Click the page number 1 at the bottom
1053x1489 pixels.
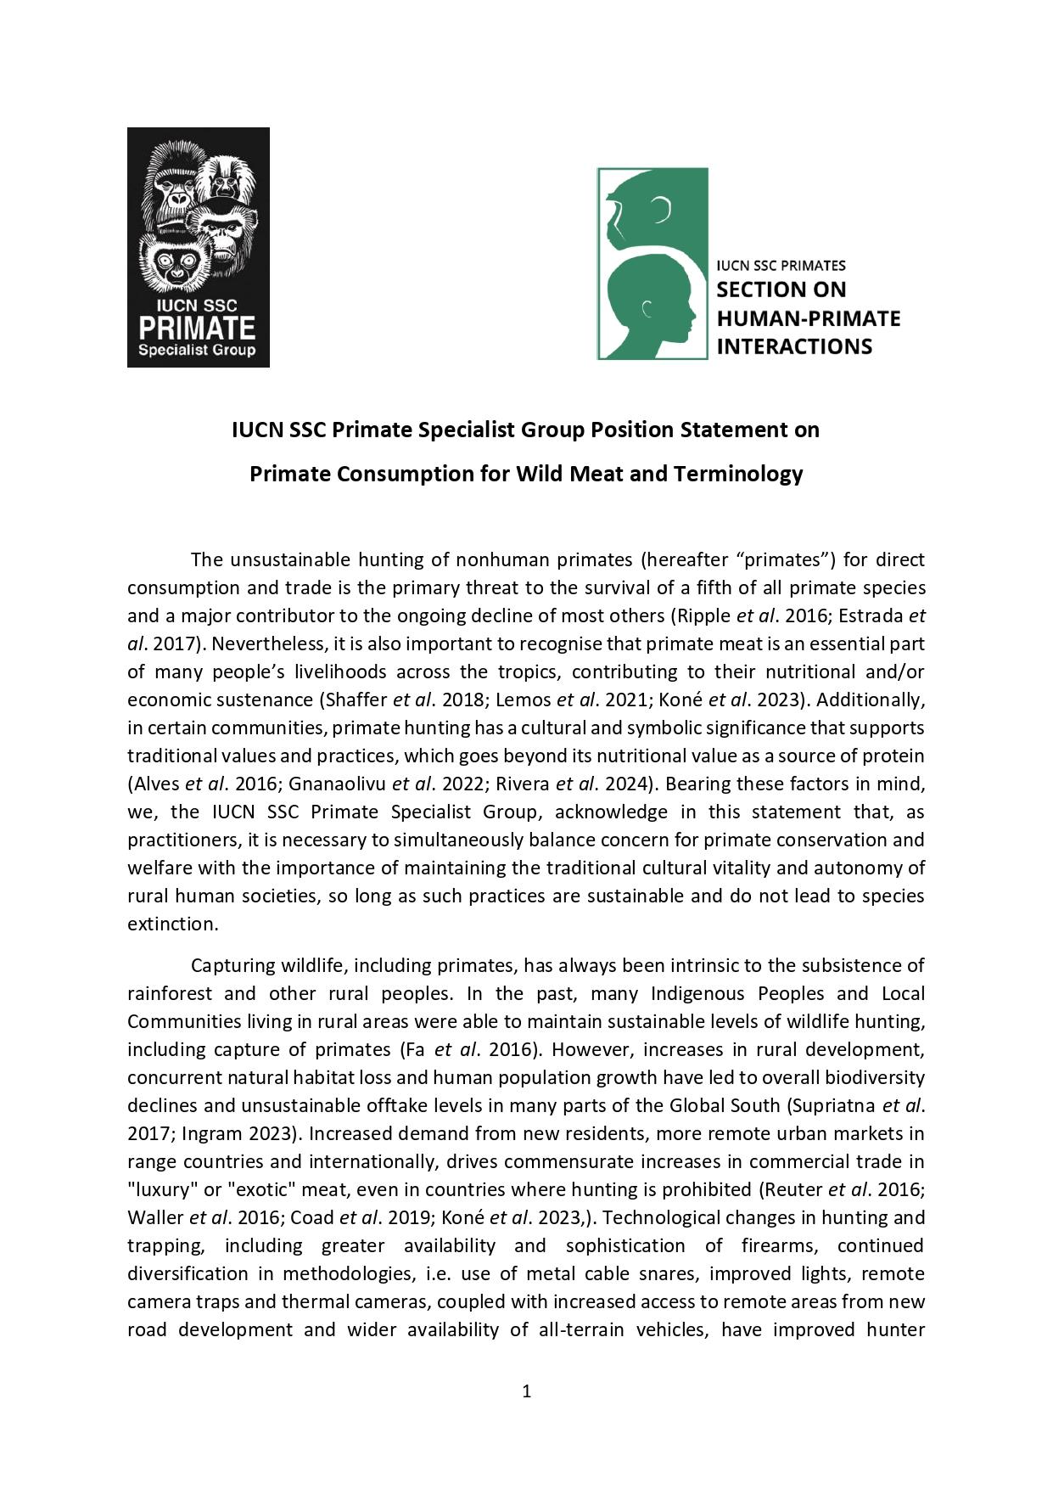(526, 1391)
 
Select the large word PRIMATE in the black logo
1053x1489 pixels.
(197, 329)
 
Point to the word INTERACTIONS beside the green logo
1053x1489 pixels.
(794, 347)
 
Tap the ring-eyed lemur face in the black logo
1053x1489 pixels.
(174, 264)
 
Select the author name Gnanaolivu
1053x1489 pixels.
(338, 784)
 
